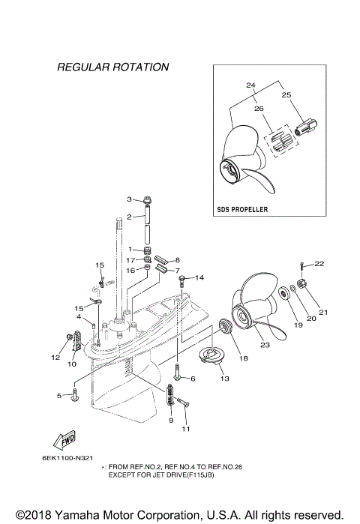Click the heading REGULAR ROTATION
(112, 67)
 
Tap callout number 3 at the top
(129, 199)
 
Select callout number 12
(55, 358)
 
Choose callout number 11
(187, 429)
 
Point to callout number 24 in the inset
(250, 85)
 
